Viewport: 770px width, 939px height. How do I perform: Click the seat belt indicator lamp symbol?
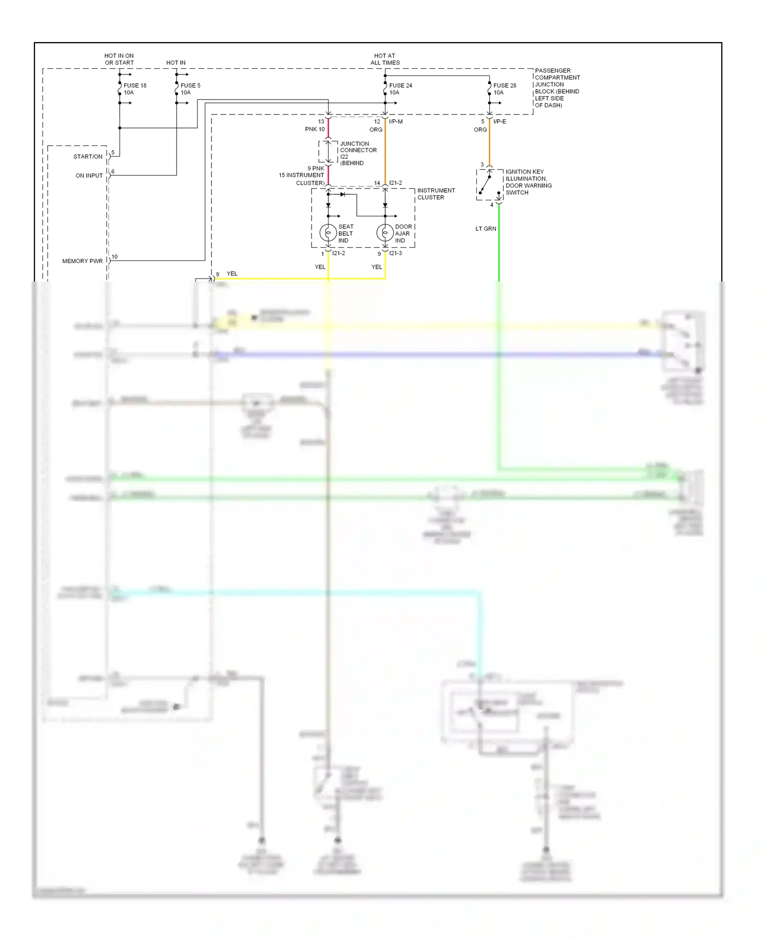(x=328, y=233)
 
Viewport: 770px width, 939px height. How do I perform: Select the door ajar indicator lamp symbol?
(x=385, y=233)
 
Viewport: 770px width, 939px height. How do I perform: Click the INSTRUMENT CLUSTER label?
(x=436, y=194)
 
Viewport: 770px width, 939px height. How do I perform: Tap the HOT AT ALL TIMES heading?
(x=384, y=59)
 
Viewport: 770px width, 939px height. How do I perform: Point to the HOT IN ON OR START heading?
(x=119, y=59)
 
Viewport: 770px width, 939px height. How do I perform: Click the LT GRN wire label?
(x=486, y=229)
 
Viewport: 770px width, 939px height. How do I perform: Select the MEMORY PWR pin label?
(x=82, y=261)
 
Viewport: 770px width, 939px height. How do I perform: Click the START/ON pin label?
(x=88, y=157)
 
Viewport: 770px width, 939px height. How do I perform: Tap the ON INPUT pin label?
(x=89, y=176)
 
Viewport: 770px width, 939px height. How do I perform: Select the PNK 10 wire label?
(x=315, y=129)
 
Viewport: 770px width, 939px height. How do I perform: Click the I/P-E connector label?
(x=499, y=122)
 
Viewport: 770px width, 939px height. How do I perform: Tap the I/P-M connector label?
(x=396, y=122)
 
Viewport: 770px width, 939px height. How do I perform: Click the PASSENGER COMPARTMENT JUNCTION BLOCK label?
(x=557, y=88)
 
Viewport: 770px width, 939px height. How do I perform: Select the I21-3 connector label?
(x=395, y=253)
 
